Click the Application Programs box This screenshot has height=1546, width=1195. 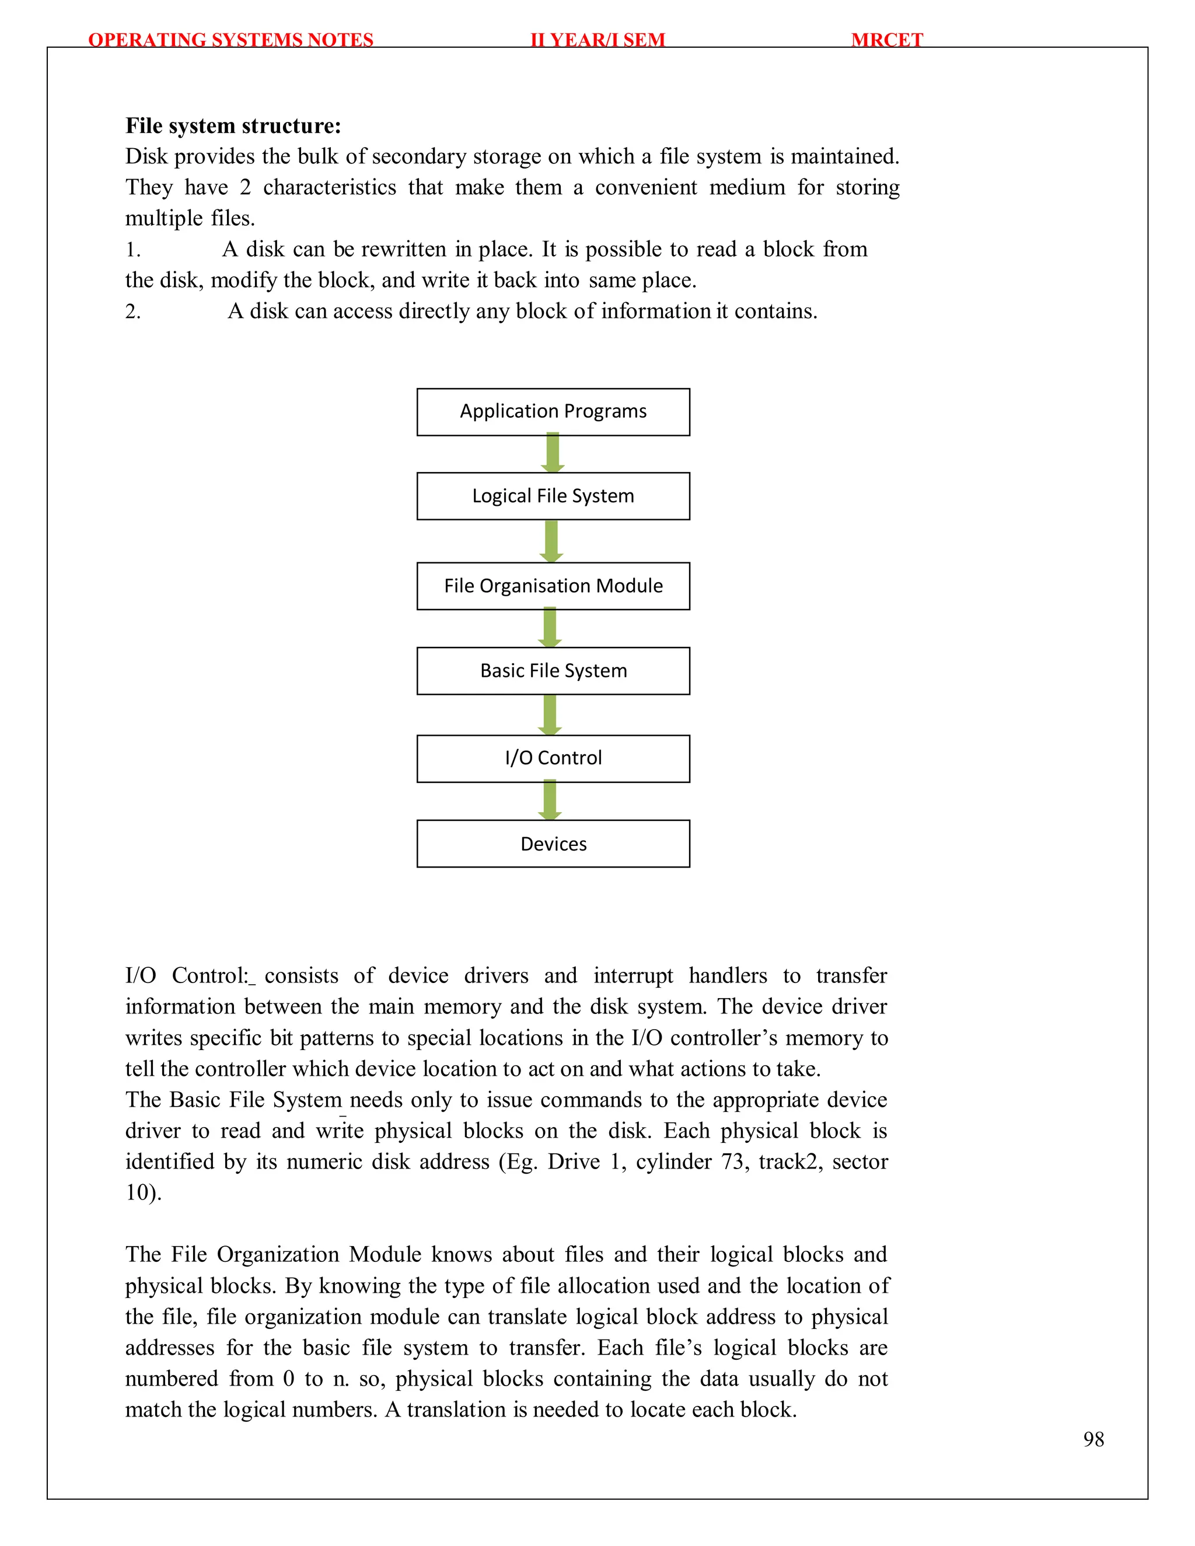(553, 412)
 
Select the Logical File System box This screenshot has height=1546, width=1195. (553, 496)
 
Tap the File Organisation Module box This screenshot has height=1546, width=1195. (553, 586)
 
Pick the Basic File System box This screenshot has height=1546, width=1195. (553, 671)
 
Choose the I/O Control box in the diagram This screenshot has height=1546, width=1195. (553, 758)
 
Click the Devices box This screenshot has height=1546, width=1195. (553, 844)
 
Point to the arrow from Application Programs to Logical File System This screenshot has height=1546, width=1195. (552, 453)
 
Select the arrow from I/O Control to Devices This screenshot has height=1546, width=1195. (550, 800)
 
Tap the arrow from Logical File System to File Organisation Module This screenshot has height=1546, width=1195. (551, 540)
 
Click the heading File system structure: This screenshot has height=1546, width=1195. (233, 126)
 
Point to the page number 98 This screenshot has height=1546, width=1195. (1093, 1439)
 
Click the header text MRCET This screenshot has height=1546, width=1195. (886, 40)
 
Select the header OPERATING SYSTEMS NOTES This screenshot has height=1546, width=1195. (231, 40)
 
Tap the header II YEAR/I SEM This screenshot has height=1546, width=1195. (597, 40)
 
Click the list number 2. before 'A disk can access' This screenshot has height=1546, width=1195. (133, 312)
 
